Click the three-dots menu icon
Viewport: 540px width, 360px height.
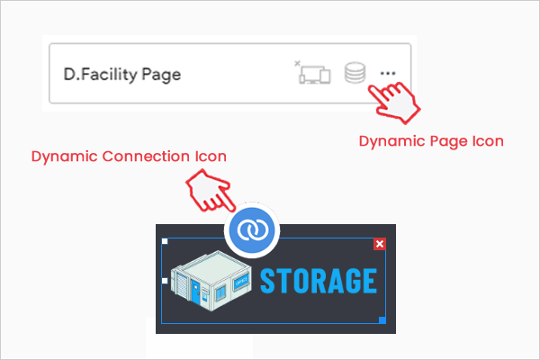click(x=388, y=73)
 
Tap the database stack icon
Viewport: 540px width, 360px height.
click(x=355, y=73)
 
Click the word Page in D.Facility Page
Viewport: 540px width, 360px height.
click(x=161, y=75)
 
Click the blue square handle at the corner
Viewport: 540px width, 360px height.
click(x=382, y=320)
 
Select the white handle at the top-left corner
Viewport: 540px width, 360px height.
click(x=165, y=242)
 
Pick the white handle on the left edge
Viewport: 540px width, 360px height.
click(x=165, y=282)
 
